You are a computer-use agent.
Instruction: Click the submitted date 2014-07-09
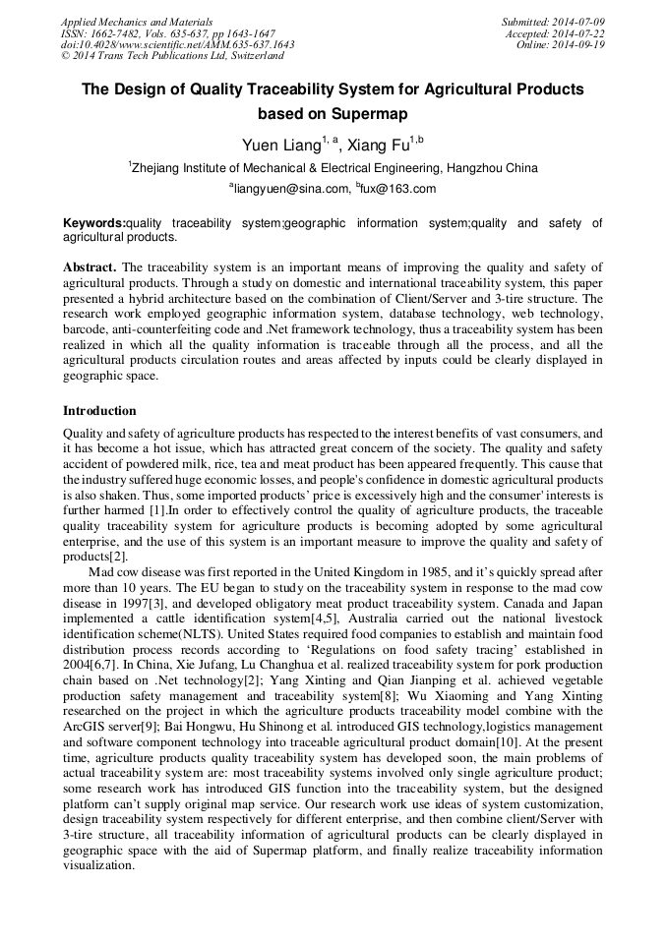tap(576, 22)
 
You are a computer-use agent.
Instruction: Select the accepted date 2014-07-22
tap(576, 33)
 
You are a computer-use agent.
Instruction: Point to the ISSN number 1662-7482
tap(119, 33)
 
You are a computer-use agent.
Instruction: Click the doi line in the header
tap(177, 45)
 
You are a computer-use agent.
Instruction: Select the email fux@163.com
tap(398, 189)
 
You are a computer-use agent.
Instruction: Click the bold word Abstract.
tap(90, 267)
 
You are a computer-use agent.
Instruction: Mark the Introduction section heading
tap(99, 410)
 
